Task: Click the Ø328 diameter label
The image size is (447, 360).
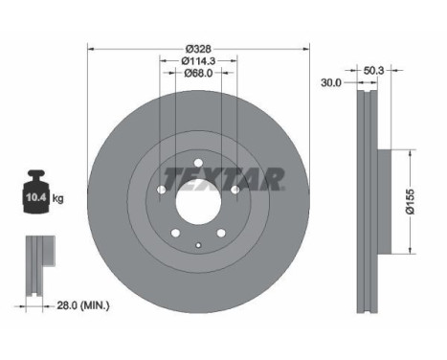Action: (198, 49)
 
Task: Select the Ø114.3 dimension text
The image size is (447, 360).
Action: (198, 60)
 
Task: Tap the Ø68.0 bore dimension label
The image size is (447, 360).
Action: (198, 73)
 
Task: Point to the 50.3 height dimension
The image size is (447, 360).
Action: (373, 70)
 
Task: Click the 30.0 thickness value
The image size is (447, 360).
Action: (331, 82)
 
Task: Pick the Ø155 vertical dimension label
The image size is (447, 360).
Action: (410, 201)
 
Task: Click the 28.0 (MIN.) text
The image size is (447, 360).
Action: (83, 305)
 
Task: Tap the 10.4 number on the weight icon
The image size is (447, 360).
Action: (36, 197)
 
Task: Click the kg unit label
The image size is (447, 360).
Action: (57, 198)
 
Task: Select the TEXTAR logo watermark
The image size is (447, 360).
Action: (224, 179)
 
